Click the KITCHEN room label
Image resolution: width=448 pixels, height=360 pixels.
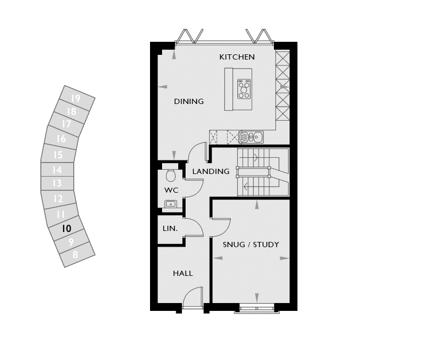click(x=237, y=57)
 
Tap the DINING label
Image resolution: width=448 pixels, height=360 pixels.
click(x=189, y=101)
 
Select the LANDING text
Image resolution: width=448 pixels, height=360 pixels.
click(x=211, y=171)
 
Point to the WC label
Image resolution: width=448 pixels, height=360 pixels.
click(x=171, y=190)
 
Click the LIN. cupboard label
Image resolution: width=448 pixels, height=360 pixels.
click(x=170, y=229)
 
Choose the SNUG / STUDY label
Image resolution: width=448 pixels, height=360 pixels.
click(x=251, y=245)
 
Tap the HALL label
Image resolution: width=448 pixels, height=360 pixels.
click(x=183, y=273)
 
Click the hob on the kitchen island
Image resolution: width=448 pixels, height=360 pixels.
click(x=244, y=89)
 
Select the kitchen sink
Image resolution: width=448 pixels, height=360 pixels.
click(x=251, y=137)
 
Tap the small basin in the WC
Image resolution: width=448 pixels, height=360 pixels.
click(x=170, y=204)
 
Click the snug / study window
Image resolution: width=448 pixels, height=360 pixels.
click(x=257, y=309)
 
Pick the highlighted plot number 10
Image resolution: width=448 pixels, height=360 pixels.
click(x=66, y=229)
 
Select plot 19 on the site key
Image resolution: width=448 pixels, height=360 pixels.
click(x=76, y=99)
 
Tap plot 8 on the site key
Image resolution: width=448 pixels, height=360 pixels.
click(x=75, y=254)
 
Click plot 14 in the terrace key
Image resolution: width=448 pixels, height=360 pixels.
click(x=57, y=170)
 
